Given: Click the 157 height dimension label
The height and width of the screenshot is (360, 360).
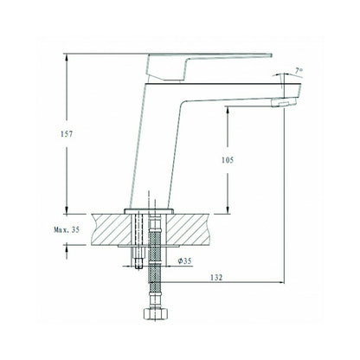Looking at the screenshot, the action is click(x=67, y=134).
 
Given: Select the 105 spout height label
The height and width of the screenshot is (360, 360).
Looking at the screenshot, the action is click(x=228, y=160).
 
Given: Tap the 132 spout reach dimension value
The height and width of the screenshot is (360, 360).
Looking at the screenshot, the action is click(x=216, y=278).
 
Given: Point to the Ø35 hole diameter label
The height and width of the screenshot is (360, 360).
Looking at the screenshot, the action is click(x=185, y=261).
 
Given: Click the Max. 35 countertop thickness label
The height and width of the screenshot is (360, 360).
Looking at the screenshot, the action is click(x=67, y=230).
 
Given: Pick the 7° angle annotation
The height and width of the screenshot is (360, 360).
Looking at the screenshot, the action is click(x=299, y=71).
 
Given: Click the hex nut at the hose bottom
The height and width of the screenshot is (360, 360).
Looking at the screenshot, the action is click(x=156, y=314).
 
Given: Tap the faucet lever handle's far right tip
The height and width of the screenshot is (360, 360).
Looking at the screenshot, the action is click(x=272, y=55).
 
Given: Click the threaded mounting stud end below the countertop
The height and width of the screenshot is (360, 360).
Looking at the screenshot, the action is click(x=138, y=263).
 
